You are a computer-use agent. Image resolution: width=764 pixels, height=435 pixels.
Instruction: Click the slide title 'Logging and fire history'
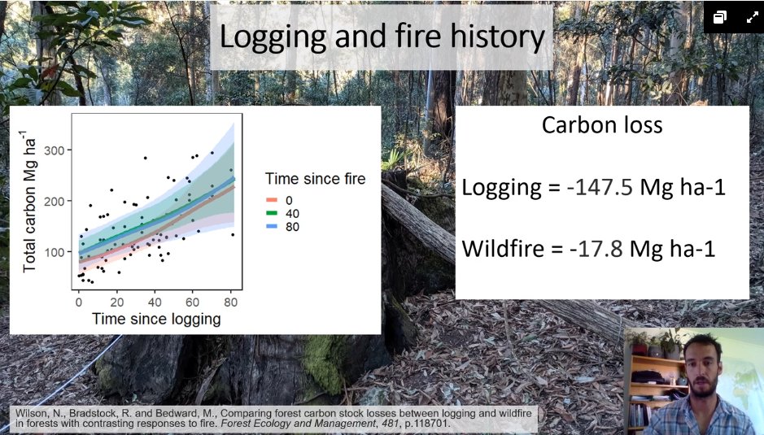[382, 37]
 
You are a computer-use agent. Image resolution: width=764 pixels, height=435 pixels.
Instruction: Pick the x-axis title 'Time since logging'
[156, 319]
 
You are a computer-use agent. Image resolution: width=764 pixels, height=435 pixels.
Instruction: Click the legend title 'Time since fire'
[315, 179]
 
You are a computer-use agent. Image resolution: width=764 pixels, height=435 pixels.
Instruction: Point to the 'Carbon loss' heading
[602, 125]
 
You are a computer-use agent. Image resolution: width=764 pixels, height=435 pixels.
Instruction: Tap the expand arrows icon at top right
[749, 17]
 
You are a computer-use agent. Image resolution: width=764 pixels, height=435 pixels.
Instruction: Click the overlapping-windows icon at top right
[720, 17]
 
